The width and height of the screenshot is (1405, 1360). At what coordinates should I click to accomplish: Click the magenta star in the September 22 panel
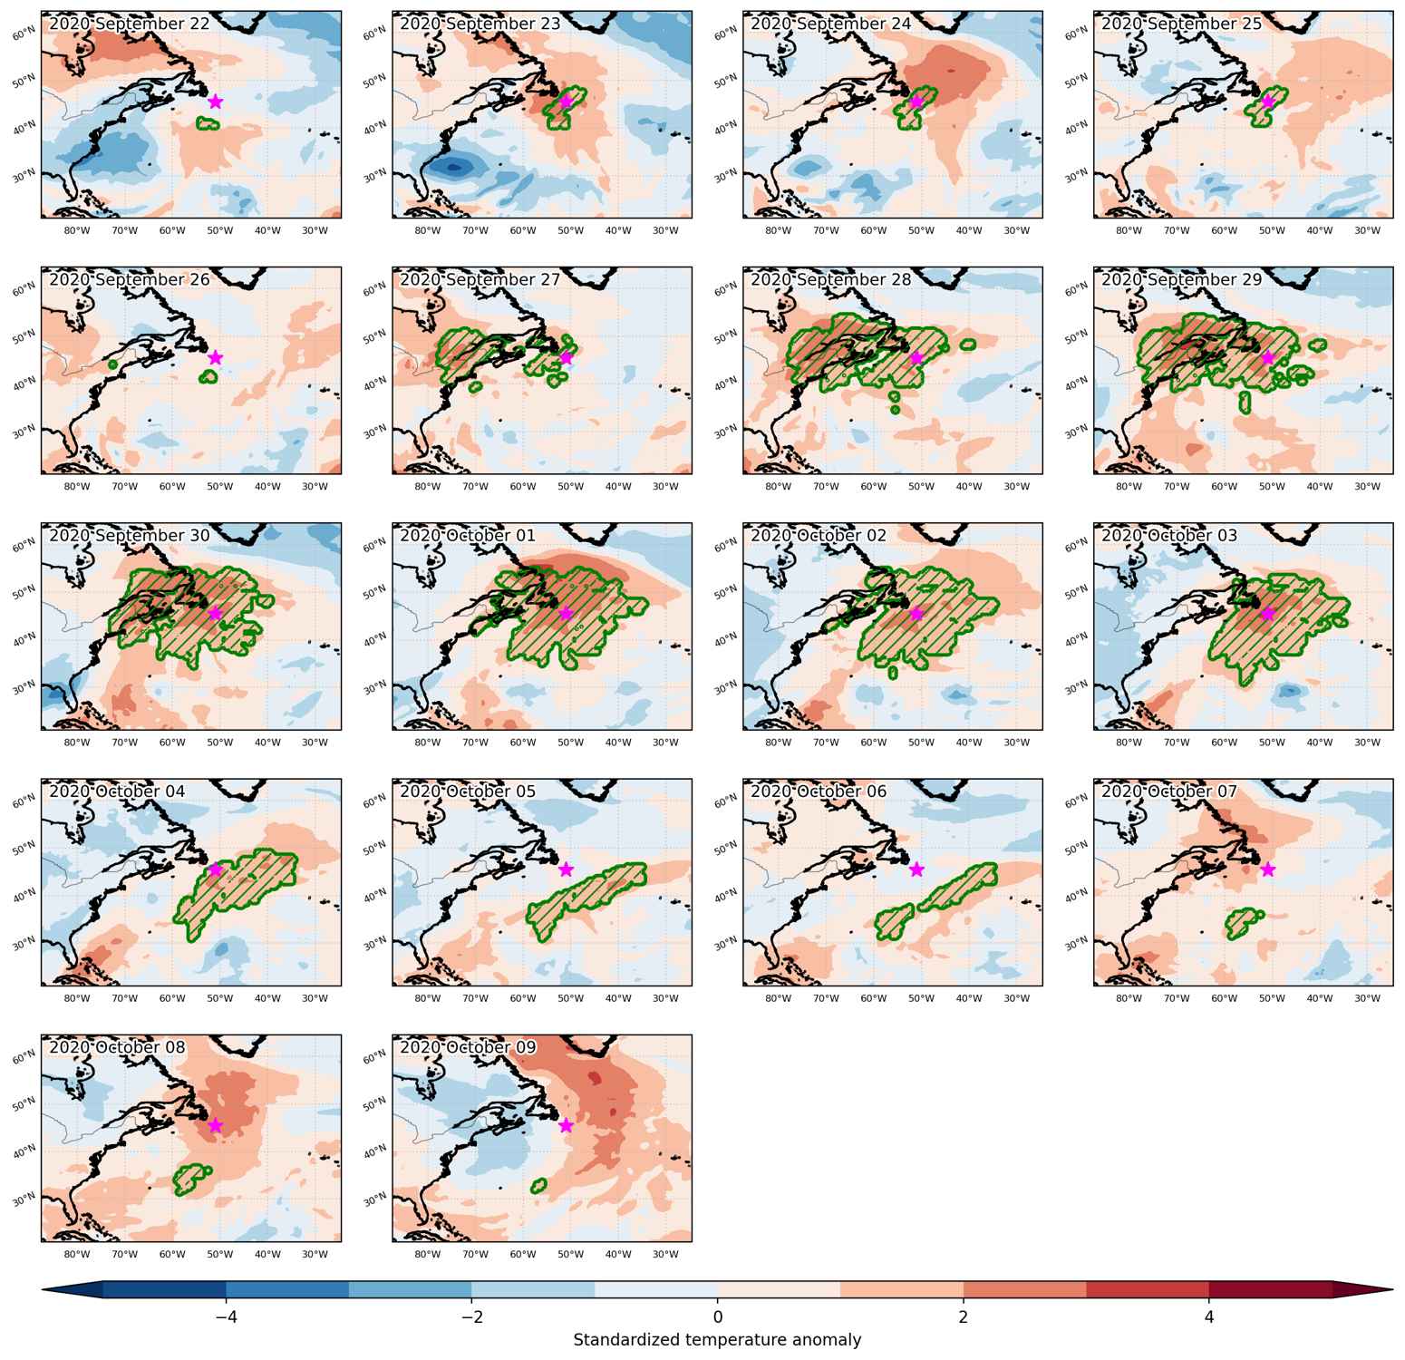[x=215, y=102]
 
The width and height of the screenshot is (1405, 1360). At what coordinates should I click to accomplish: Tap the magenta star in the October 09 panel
[x=566, y=1125]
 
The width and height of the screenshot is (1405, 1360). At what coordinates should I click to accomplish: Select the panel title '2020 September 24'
[x=831, y=24]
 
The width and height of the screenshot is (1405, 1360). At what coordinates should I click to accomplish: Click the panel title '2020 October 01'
[x=468, y=536]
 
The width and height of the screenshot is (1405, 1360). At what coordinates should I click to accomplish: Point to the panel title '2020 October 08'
[x=117, y=1047]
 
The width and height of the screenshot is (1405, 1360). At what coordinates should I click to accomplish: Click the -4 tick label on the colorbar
[x=226, y=1316]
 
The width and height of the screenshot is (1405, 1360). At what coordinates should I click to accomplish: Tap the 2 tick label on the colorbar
[x=963, y=1316]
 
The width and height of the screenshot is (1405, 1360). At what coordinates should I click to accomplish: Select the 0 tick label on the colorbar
[x=717, y=1316]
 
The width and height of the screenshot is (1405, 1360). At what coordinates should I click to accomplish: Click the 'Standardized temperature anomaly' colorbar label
[x=717, y=1340]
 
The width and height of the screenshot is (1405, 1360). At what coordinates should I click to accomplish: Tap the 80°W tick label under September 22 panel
[x=77, y=230]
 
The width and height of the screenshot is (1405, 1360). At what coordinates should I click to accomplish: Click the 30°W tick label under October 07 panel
[x=1367, y=998]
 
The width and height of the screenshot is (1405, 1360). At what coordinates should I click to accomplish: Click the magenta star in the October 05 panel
[x=566, y=869]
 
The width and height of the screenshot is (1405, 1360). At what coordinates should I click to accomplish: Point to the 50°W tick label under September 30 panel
[x=220, y=743]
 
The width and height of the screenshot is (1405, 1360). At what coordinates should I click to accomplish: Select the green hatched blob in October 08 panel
[x=190, y=1178]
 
